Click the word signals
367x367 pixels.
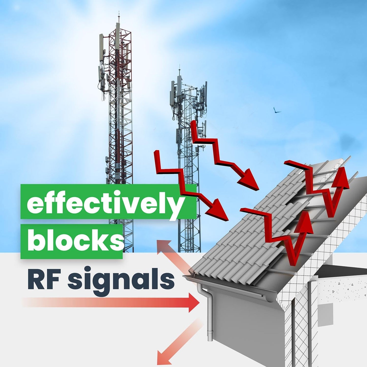click(121, 281)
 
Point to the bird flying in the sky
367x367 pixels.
click(276, 110)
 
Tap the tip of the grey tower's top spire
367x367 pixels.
click(179, 67)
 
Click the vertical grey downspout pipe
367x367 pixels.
click(210, 315)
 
